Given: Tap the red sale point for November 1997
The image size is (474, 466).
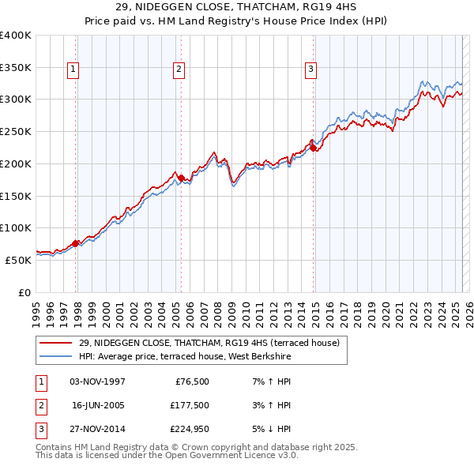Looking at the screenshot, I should [76, 243].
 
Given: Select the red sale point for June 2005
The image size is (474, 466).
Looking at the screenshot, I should [181, 179].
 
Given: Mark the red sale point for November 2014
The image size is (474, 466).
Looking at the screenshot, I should [313, 148].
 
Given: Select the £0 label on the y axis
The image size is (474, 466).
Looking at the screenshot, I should [24, 291].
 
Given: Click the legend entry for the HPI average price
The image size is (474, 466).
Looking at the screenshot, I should [185, 357].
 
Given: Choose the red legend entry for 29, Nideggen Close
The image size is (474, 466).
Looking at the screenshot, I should [209, 343].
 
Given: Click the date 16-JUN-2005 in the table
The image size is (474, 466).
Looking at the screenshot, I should [99, 405].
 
